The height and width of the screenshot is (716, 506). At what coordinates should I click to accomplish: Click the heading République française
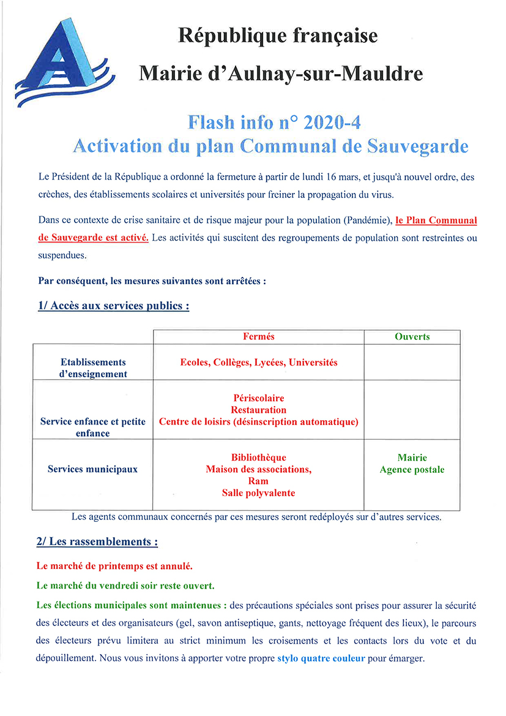[277, 36]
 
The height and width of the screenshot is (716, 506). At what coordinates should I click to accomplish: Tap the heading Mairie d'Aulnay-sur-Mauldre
[281, 74]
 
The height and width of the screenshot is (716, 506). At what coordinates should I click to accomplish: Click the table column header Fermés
[258, 337]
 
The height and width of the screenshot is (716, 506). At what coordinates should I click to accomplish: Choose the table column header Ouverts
[412, 337]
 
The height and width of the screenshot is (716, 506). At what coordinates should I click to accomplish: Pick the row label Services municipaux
[92, 469]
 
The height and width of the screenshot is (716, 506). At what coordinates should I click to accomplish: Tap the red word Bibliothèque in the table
[258, 458]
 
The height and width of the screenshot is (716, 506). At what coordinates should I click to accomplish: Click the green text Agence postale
[412, 470]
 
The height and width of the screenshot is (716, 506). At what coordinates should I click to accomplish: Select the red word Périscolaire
[258, 398]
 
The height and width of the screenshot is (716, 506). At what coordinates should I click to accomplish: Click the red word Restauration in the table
[258, 410]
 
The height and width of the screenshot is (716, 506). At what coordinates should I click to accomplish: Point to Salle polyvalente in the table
[258, 493]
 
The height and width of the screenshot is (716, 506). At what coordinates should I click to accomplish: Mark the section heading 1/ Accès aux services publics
[113, 306]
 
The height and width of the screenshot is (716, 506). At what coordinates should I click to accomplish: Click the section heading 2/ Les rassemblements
[98, 542]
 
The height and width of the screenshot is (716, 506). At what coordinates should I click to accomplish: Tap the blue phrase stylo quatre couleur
[321, 659]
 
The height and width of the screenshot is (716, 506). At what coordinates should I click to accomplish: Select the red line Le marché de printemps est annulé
[115, 566]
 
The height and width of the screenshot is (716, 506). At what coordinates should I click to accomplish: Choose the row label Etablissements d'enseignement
[93, 368]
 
